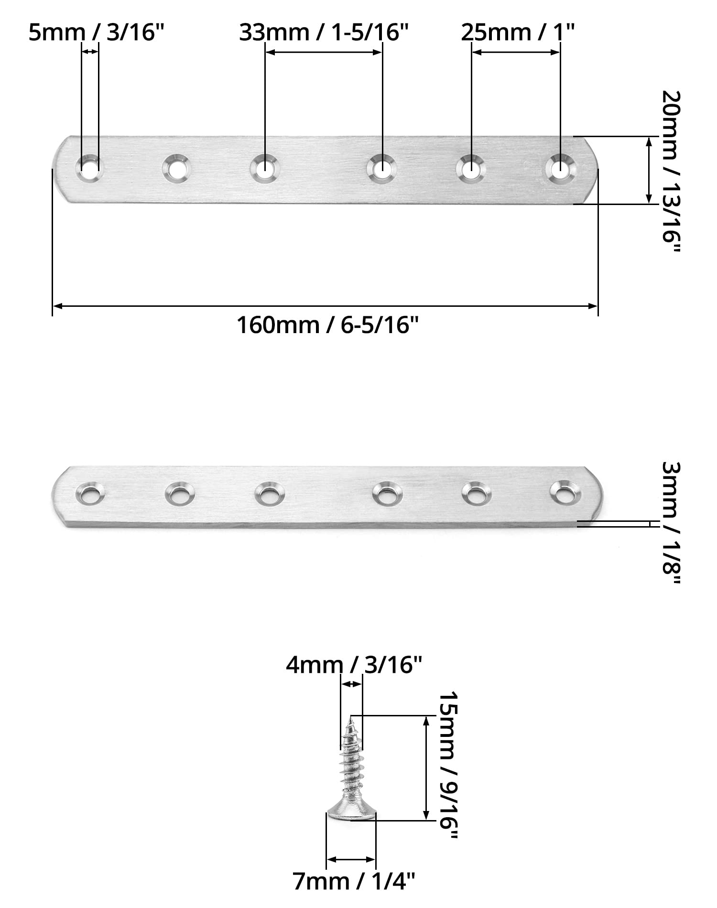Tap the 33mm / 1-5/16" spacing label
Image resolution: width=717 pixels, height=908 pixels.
point(325,33)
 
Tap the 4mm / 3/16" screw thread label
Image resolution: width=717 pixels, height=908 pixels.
point(354,664)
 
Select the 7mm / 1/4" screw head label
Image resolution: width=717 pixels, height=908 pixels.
point(354,882)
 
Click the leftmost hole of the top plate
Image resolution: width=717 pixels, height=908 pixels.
point(90,168)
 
